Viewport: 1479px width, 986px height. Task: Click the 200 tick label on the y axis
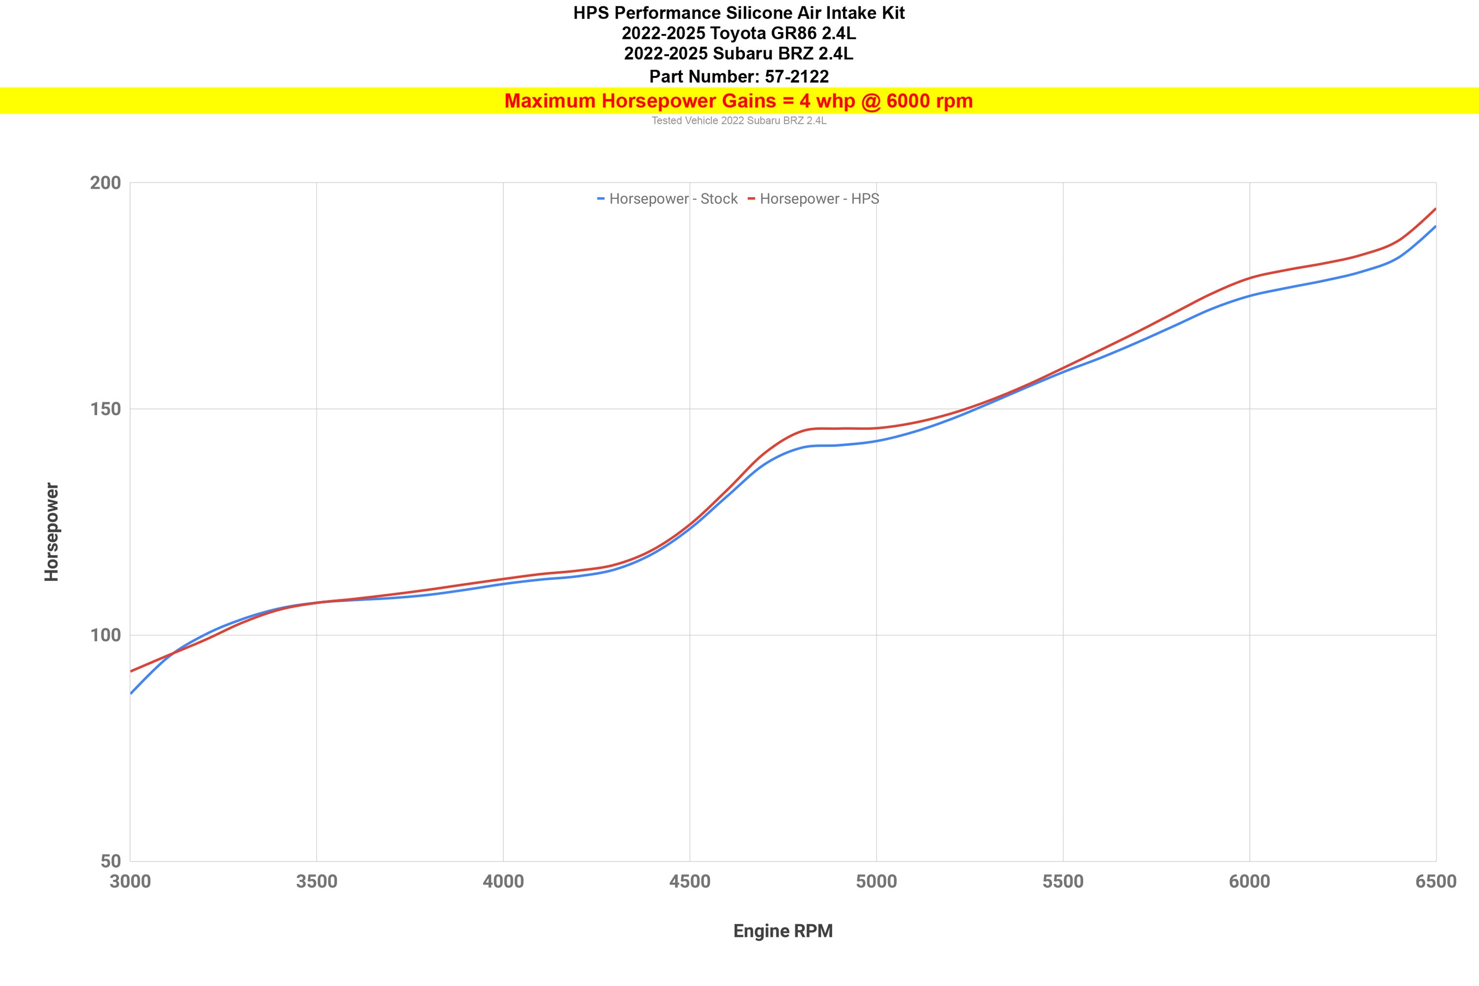coord(105,183)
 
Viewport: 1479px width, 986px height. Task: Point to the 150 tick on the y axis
coord(105,409)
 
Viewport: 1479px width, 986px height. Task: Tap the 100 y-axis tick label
coord(105,635)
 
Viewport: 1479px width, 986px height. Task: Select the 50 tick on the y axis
coord(110,861)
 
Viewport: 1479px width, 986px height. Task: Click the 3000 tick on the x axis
coord(130,881)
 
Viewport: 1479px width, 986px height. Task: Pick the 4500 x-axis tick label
coord(690,881)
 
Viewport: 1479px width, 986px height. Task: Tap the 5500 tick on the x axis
coord(1063,881)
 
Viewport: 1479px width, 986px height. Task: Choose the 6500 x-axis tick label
coord(1436,881)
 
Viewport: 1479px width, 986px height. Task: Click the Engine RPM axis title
coord(783,931)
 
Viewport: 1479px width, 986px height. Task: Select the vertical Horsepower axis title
coord(52,532)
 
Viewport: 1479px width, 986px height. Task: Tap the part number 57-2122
coord(797,77)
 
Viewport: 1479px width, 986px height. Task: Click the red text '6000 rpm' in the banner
coord(929,101)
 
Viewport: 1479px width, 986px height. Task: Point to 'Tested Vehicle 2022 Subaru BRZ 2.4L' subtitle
coord(739,121)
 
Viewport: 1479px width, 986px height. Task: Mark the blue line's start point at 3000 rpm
coord(131,693)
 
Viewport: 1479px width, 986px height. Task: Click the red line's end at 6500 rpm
coord(1436,209)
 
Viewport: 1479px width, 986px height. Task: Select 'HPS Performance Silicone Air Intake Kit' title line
coord(739,13)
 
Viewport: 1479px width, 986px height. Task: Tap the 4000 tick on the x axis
coord(503,881)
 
